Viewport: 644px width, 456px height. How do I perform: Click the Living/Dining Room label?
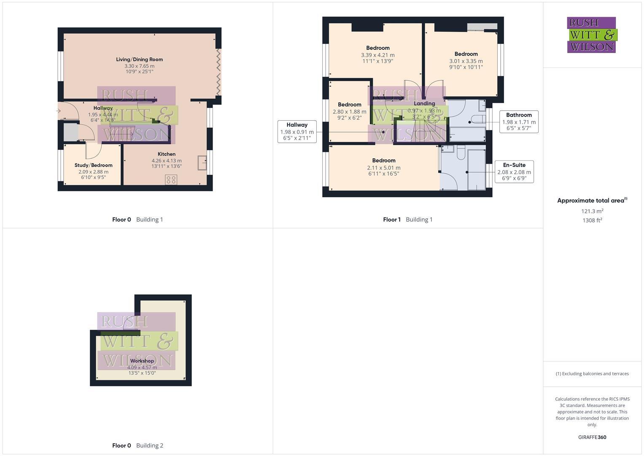pos(139,60)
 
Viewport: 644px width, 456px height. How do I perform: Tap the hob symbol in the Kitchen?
pos(171,180)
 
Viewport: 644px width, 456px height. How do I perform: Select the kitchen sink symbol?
pos(202,163)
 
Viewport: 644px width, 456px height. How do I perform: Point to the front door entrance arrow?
pos(58,111)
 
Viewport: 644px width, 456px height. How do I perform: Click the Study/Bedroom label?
pos(93,165)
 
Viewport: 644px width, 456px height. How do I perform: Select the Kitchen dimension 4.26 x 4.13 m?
pos(167,161)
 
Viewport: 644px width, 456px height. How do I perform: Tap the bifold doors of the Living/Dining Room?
pos(218,72)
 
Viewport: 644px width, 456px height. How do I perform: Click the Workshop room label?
pos(142,361)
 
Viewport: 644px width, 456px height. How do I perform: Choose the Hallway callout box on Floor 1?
pos(297,131)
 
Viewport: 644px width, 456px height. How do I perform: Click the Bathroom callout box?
pos(519,122)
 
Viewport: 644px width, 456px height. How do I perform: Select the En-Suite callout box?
pos(514,171)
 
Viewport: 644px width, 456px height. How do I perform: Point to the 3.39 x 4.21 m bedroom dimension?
pos(378,55)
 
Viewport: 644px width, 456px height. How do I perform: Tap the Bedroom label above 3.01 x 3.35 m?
pos(466,54)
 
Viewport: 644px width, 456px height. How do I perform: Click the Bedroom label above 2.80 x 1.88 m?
pos(349,105)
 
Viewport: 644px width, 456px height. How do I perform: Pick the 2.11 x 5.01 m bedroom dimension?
pos(384,168)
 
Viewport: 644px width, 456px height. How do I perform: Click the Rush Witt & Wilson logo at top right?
pos(591,35)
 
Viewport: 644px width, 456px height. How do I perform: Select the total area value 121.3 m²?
pos(592,211)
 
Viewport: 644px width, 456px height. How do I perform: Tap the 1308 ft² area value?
pos(592,220)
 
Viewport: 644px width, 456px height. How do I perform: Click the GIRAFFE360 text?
pos(592,437)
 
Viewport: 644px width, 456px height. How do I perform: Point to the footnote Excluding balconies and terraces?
pos(592,374)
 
